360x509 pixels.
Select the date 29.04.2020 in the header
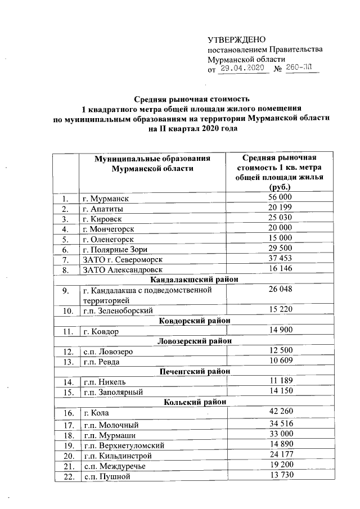(242, 69)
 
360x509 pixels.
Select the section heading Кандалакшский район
(195, 279)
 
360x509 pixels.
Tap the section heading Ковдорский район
(195, 321)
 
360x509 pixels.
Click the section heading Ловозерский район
(195, 341)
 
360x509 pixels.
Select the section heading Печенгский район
(195, 371)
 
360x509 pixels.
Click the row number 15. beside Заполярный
(66, 391)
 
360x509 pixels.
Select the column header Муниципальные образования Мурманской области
(152, 163)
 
